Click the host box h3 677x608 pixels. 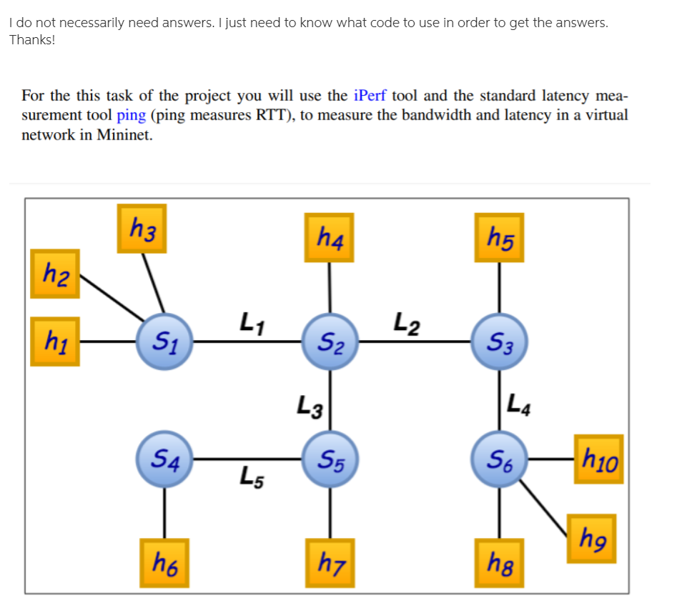click(x=142, y=229)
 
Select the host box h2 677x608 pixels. click(x=55, y=273)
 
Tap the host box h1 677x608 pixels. click(x=55, y=342)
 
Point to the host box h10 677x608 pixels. click(x=598, y=459)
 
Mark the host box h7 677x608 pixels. click(x=329, y=562)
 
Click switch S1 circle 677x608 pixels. click(x=165, y=342)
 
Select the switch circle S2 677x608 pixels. click(x=329, y=342)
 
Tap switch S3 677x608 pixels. click(x=499, y=342)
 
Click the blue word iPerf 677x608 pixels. click(x=370, y=95)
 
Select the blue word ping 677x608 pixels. click(x=131, y=115)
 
